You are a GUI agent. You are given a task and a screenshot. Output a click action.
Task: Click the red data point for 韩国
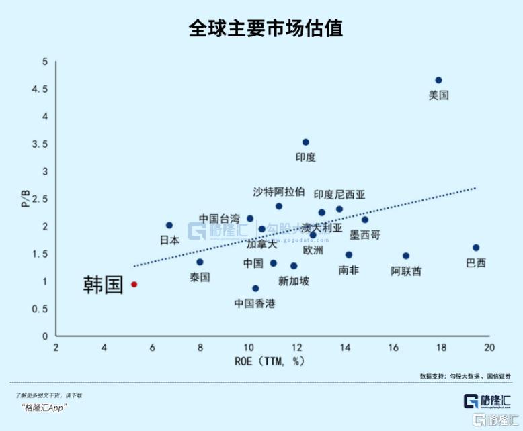pos(134,284)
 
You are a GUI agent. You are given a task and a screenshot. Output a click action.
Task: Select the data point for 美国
pos(438,80)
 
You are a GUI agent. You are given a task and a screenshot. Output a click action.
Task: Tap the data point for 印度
pos(305,142)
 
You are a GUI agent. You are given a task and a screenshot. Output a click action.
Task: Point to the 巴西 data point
pos(476,248)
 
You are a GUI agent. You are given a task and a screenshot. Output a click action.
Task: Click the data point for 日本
pos(169,225)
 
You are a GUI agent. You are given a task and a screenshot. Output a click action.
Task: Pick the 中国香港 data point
pos(255,289)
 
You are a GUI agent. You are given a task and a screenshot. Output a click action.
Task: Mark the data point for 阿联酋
pos(406,256)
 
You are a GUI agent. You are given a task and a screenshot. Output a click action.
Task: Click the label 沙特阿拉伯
pos(279,191)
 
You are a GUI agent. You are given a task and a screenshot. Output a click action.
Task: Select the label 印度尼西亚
pos(339,195)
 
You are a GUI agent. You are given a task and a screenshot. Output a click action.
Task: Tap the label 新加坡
pos(294,281)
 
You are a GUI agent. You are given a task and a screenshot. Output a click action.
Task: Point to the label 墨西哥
pos(365,235)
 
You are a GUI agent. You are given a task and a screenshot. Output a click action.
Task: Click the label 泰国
pos(200,277)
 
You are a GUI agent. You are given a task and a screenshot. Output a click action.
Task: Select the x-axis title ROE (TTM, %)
pos(270,361)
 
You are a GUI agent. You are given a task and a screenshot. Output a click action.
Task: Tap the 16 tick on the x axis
pos(393,347)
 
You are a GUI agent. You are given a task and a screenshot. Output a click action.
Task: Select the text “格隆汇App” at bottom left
pos(45,408)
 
